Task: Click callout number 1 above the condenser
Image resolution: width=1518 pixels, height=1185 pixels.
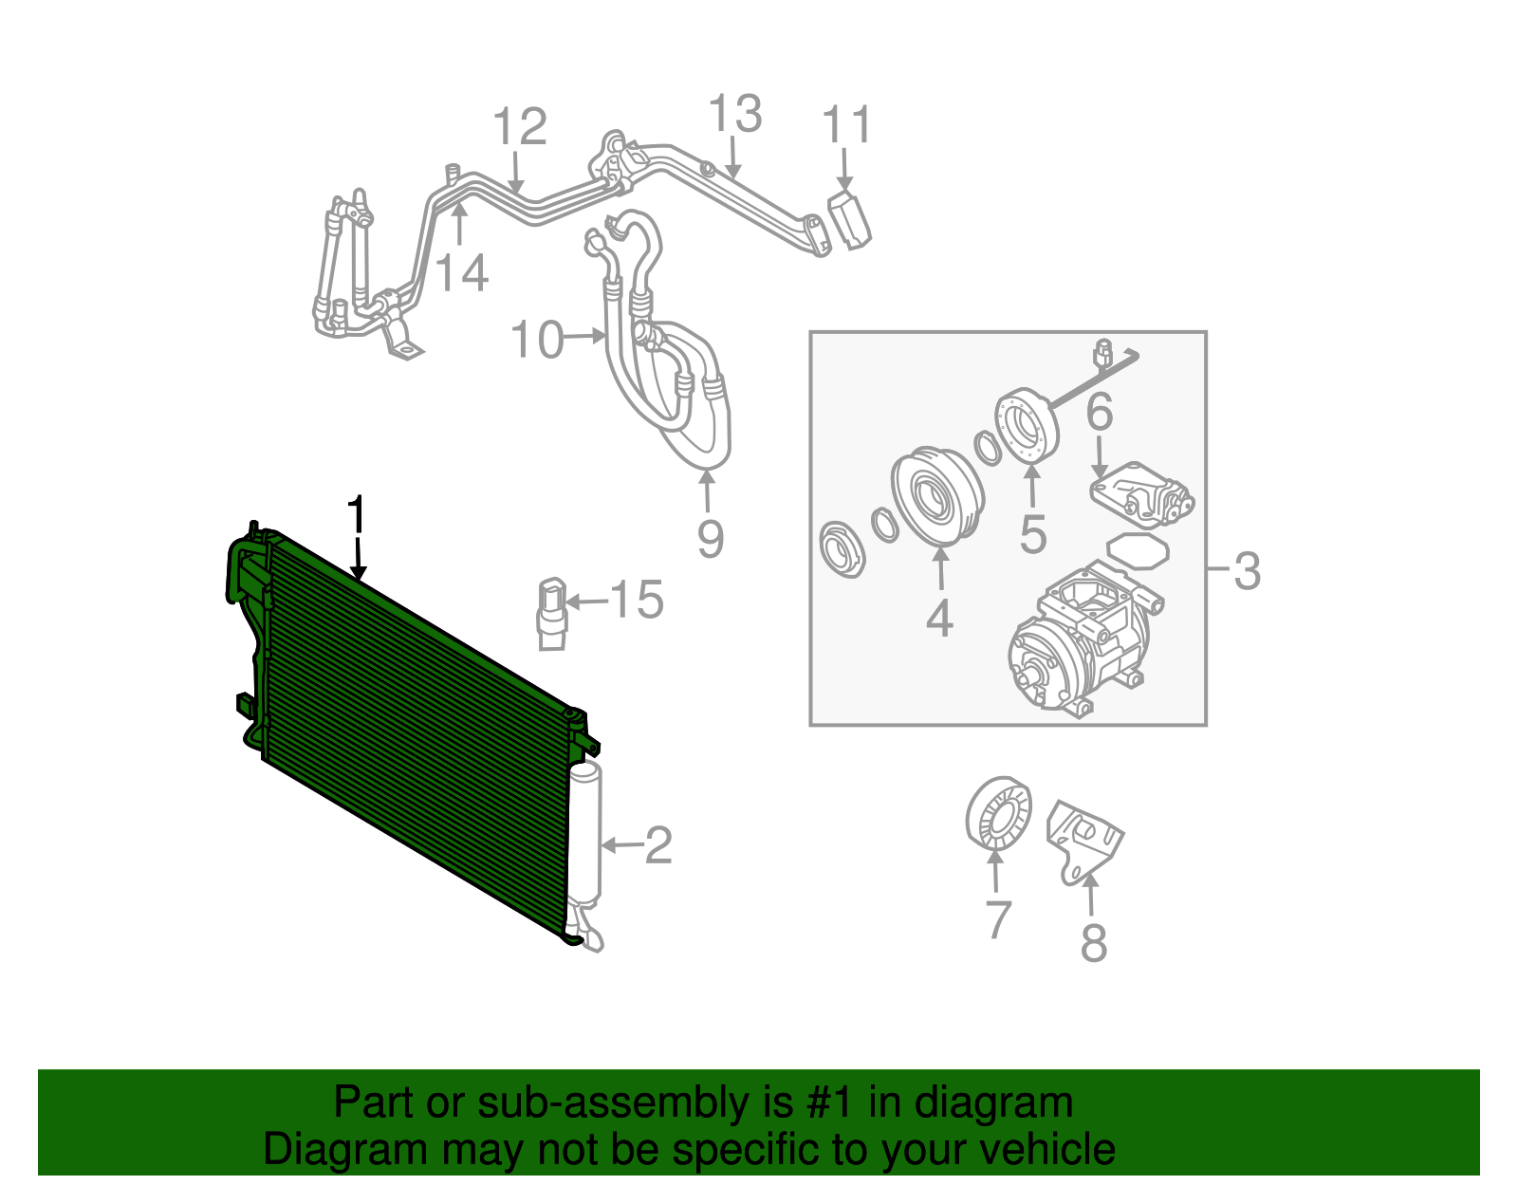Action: pos(356,516)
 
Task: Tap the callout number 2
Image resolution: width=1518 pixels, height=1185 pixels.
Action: pos(658,844)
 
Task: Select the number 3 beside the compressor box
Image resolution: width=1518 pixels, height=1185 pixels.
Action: pos(1247,571)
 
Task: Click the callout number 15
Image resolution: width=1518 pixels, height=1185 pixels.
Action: pos(637,600)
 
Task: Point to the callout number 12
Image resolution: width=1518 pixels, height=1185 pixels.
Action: pos(520,127)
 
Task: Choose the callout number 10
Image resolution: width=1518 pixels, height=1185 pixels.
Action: pos(537,339)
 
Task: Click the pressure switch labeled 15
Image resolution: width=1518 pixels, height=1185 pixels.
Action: pos(552,614)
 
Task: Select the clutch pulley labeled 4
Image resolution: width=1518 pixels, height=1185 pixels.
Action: pos(935,496)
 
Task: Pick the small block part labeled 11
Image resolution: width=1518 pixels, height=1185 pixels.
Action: pos(850,220)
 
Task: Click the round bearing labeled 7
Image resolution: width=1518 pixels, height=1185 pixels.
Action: pos(997,813)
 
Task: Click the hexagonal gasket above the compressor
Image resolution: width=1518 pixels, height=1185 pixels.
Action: pos(1138,551)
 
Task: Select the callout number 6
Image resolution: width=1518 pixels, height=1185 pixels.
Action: pos(1099,412)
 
